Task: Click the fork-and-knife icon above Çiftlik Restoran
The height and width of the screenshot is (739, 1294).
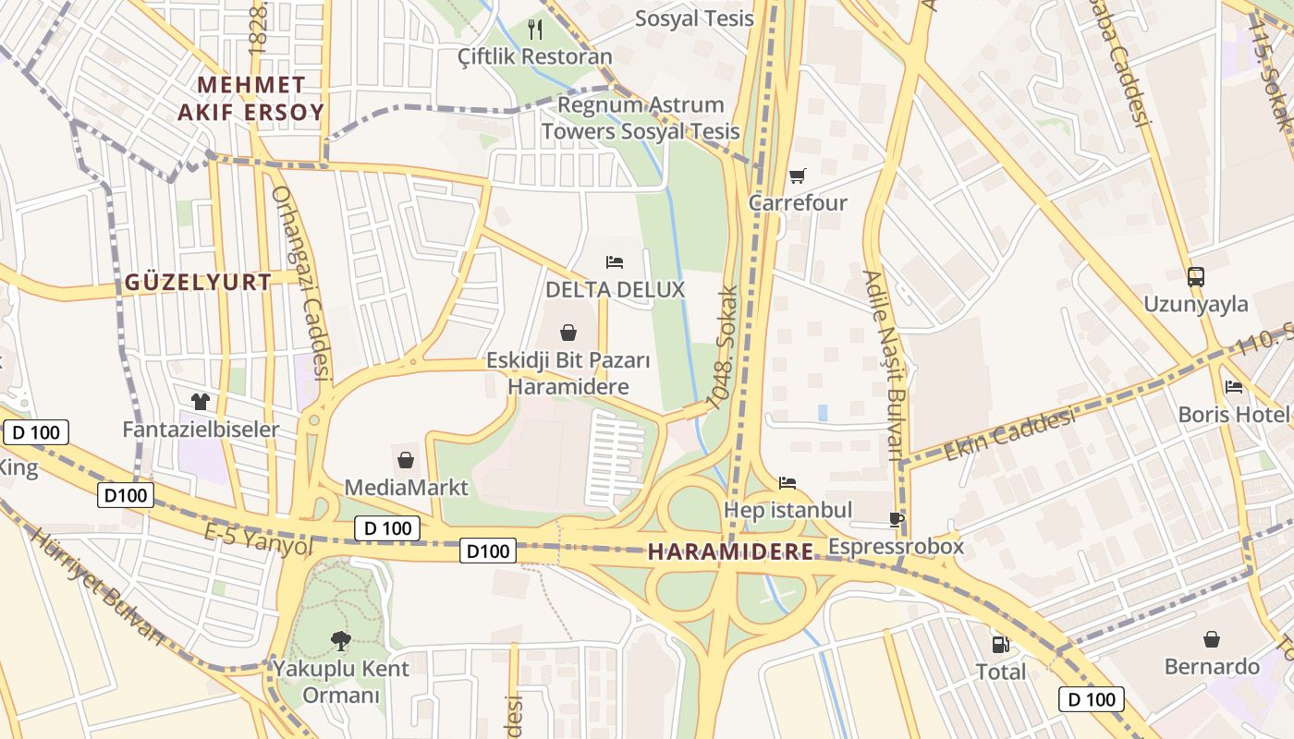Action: [535, 30]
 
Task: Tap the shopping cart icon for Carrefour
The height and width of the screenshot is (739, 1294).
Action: [797, 176]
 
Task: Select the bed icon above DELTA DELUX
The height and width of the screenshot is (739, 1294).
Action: [615, 262]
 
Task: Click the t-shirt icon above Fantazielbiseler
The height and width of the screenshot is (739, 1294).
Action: [201, 402]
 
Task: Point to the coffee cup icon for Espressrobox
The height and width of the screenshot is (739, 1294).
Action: [896, 519]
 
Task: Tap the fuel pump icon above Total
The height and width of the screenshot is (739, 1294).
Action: [1000, 644]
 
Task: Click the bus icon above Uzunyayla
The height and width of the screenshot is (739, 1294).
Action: [1195, 276]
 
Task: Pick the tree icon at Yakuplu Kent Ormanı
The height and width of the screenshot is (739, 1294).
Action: [340, 640]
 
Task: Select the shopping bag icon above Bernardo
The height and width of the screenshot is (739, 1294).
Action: [1211, 639]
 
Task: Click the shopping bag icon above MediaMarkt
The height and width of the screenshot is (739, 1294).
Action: [406, 459]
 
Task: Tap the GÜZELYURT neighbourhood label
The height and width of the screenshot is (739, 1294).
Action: [198, 283]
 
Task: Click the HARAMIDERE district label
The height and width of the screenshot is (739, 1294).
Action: [731, 552]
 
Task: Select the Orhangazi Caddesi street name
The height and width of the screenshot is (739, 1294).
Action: [301, 284]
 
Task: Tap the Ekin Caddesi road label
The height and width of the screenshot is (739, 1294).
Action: [1009, 435]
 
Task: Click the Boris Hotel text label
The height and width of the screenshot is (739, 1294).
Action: [1233, 415]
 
